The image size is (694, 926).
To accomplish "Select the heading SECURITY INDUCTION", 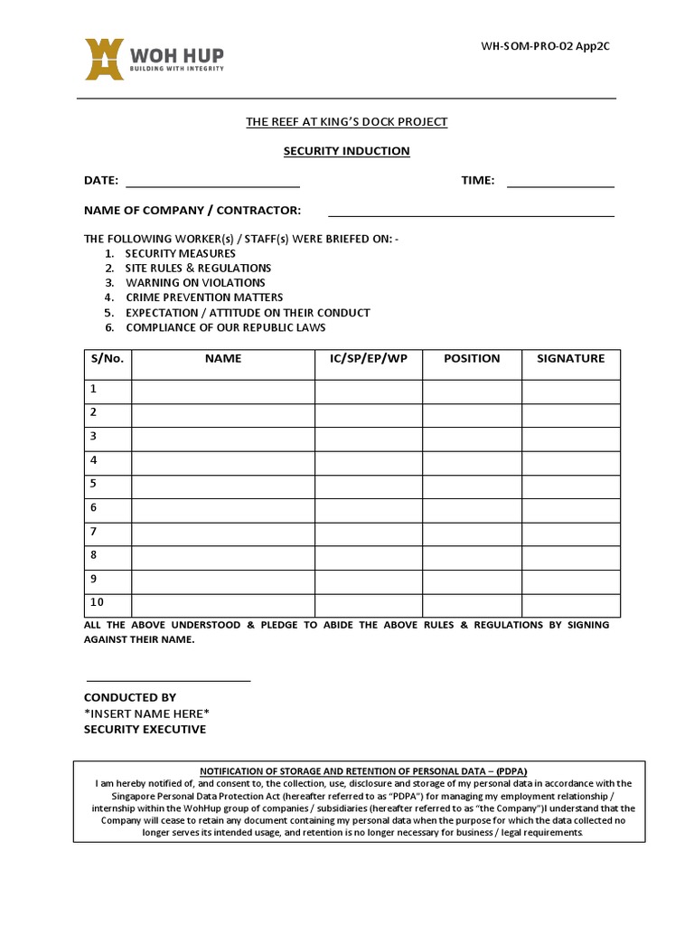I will coord(347,151).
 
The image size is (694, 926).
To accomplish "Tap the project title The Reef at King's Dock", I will coord(347,122).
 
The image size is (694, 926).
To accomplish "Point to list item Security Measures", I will coord(180,254).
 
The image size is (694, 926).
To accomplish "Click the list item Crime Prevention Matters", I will coord(203,298).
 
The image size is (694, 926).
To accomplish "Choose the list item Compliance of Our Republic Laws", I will coord(225,327).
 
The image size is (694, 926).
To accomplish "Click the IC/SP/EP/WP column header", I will coord(369,359).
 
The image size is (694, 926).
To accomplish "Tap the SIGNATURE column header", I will coord(570,359).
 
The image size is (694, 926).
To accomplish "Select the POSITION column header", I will coord(472,359).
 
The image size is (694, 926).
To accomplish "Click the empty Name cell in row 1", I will coord(223,391).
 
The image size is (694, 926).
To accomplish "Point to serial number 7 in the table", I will coord(93,532).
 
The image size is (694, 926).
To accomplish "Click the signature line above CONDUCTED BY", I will coord(168,679).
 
